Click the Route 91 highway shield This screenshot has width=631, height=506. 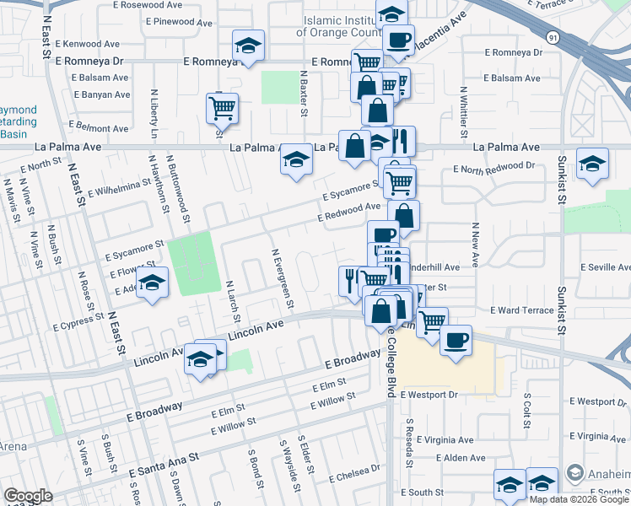[x=551, y=37]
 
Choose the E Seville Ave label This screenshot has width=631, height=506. [x=601, y=267]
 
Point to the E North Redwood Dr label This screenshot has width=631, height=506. [x=493, y=167]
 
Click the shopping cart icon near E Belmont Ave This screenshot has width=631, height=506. [x=223, y=106]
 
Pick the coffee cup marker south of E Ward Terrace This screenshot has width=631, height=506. [x=456, y=340]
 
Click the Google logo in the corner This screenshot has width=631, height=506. [x=27, y=496]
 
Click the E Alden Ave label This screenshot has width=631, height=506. [x=461, y=458]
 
